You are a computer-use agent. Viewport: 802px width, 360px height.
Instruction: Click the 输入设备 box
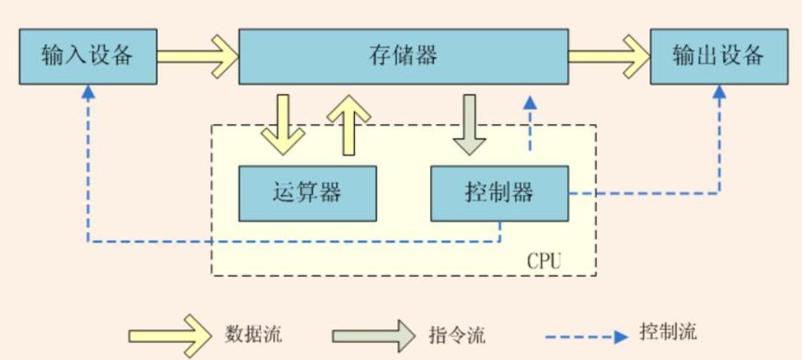coord(88,56)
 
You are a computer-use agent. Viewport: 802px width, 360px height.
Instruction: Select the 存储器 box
coord(403,56)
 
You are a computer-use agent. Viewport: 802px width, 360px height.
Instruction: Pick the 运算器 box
coord(307,193)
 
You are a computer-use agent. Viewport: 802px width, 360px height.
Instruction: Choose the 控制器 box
coord(499,193)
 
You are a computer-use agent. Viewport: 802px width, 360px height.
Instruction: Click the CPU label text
coord(545,262)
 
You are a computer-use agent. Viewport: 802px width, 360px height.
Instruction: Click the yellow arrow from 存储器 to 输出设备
coord(609,56)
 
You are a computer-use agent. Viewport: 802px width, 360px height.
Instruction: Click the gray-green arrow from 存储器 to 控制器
coord(469,124)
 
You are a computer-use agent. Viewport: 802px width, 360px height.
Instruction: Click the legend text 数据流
coord(253,334)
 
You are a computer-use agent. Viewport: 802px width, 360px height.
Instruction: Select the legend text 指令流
coord(457,335)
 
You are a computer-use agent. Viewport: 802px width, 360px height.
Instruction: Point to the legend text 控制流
coord(668,332)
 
